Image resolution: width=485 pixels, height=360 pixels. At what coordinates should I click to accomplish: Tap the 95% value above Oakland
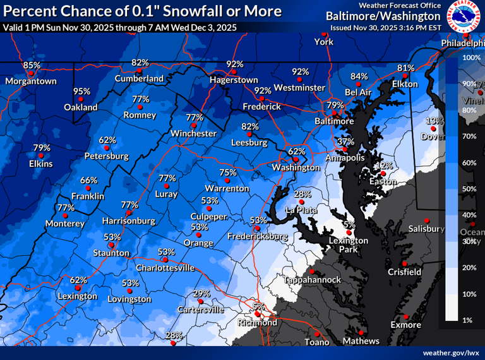click(x=81, y=92)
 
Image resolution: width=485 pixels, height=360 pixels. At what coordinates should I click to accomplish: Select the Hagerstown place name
click(x=234, y=80)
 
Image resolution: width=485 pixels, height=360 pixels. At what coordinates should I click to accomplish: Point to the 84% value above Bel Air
click(x=359, y=76)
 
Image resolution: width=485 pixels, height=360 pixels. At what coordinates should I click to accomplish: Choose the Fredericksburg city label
click(x=258, y=237)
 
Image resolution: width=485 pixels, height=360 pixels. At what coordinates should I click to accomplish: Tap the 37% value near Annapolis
click(x=345, y=141)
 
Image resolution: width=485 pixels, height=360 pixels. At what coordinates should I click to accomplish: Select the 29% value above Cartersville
click(x=201, y=294)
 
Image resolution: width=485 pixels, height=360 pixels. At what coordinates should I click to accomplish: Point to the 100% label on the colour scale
click(x=472, y=57)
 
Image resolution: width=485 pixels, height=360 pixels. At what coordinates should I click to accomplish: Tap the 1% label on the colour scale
click(x=468, y=320)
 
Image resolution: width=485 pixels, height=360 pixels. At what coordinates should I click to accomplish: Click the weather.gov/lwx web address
click(x=451, y=352)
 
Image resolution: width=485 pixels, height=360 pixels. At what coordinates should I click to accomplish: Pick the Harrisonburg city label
click(x=129, y=221)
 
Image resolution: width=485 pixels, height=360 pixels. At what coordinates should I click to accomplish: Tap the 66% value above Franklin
click(x=89, y=180)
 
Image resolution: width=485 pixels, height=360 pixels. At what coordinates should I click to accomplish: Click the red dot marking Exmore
click(x=405, y=316)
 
